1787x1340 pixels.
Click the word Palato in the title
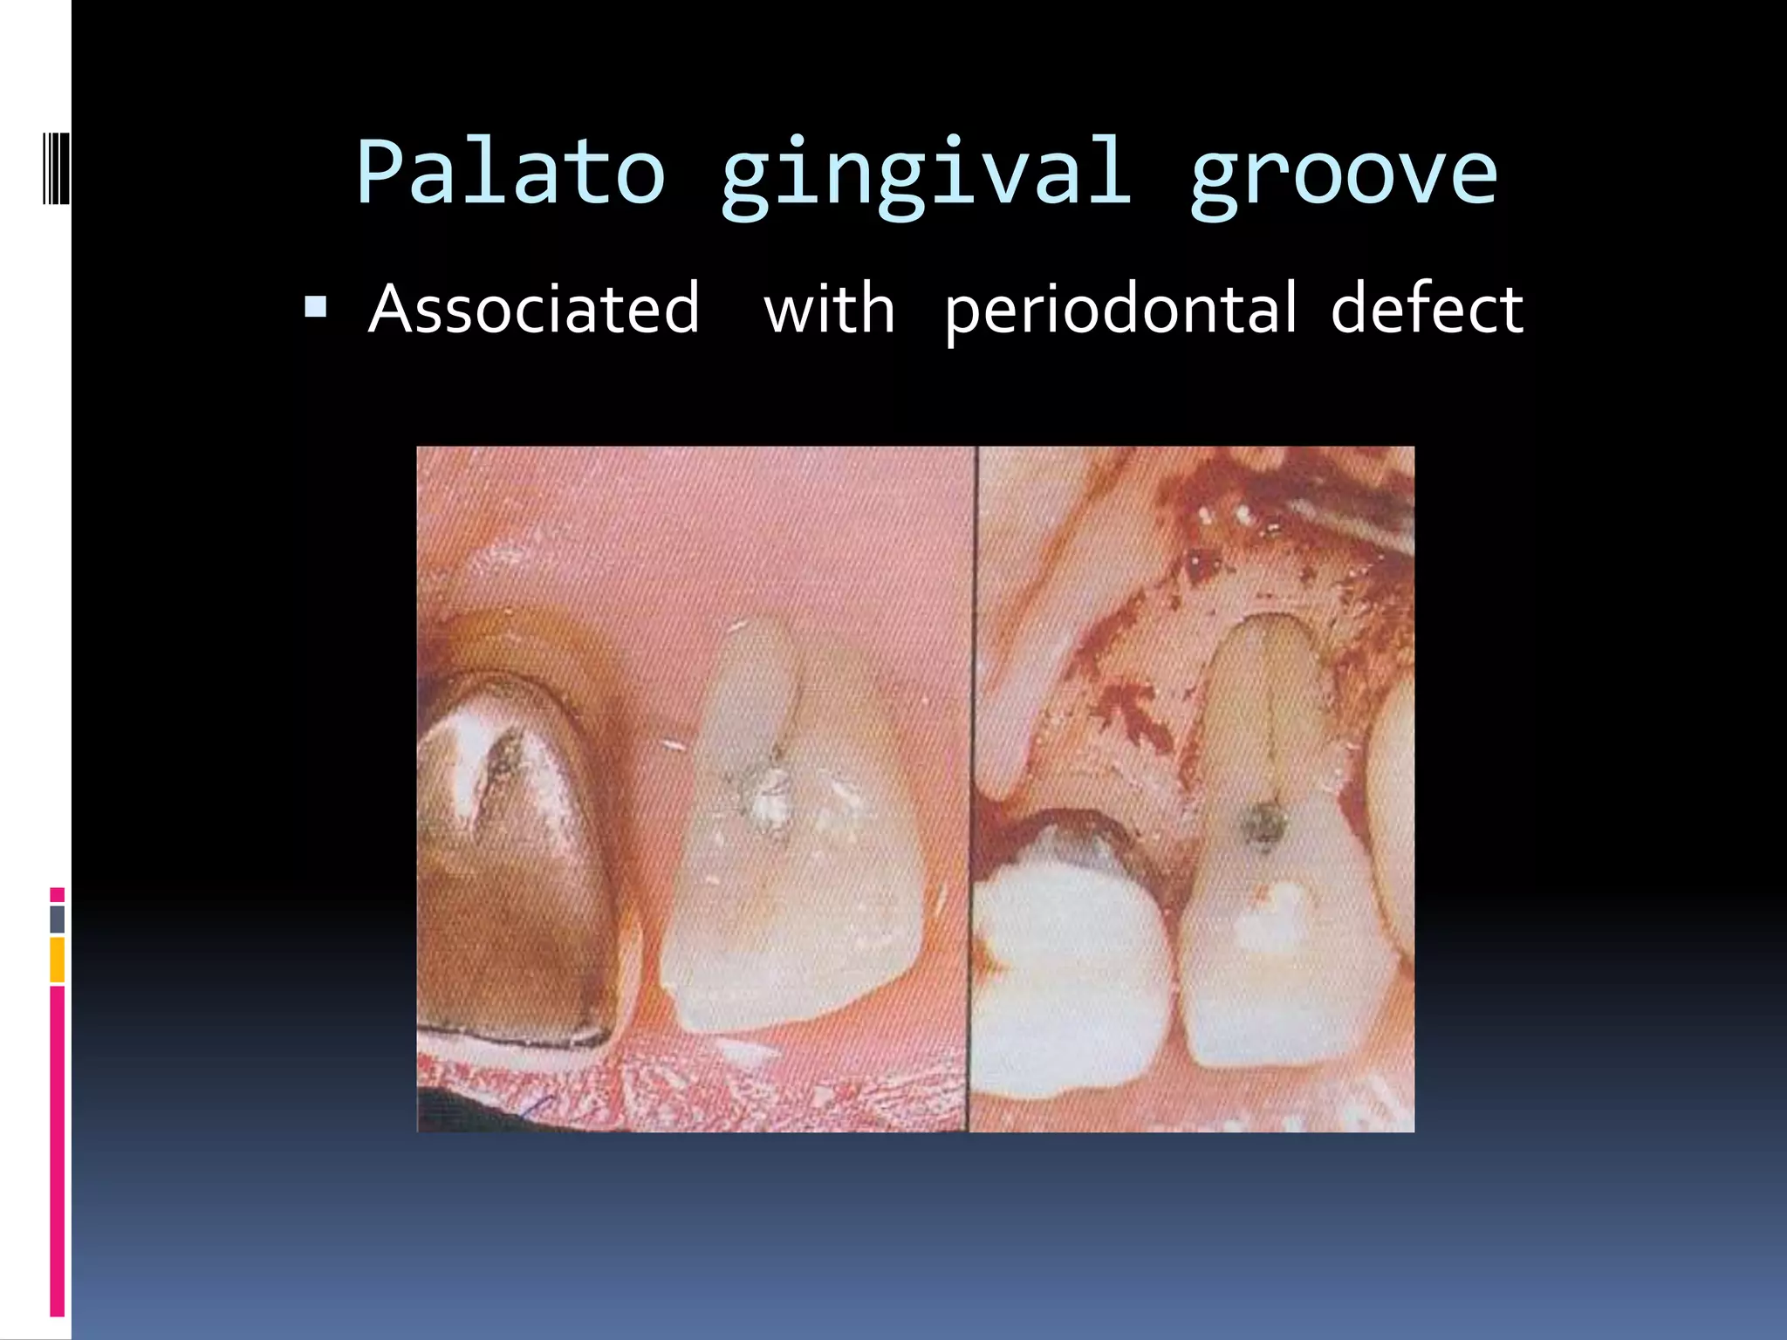[511, 173]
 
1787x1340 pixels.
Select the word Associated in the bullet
[534, 309]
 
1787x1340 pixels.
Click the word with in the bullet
[829, 309]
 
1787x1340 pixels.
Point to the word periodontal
[1120, 311]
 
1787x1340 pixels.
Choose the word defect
[1427, 309]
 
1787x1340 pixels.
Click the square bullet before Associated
[315, 307]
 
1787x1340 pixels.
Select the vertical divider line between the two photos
[973, 785]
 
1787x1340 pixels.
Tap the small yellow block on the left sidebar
[57, 960]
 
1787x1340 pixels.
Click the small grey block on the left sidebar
[57, 919]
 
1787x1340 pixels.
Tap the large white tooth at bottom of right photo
[1069, 977]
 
